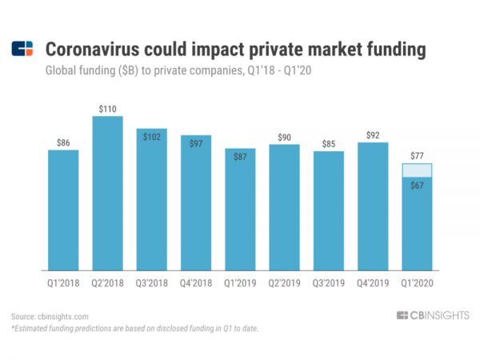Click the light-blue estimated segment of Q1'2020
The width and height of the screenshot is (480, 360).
tap(417, 170)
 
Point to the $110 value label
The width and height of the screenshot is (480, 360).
tap(108, 108)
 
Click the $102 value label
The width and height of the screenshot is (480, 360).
tap(152, 137)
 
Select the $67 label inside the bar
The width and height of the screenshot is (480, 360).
tap(417, 186)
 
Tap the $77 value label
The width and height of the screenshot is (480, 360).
tap(417, 155)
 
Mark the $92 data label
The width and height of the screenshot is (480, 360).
tap(373, 134)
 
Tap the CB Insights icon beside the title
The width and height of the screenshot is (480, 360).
tap(22, 50)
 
